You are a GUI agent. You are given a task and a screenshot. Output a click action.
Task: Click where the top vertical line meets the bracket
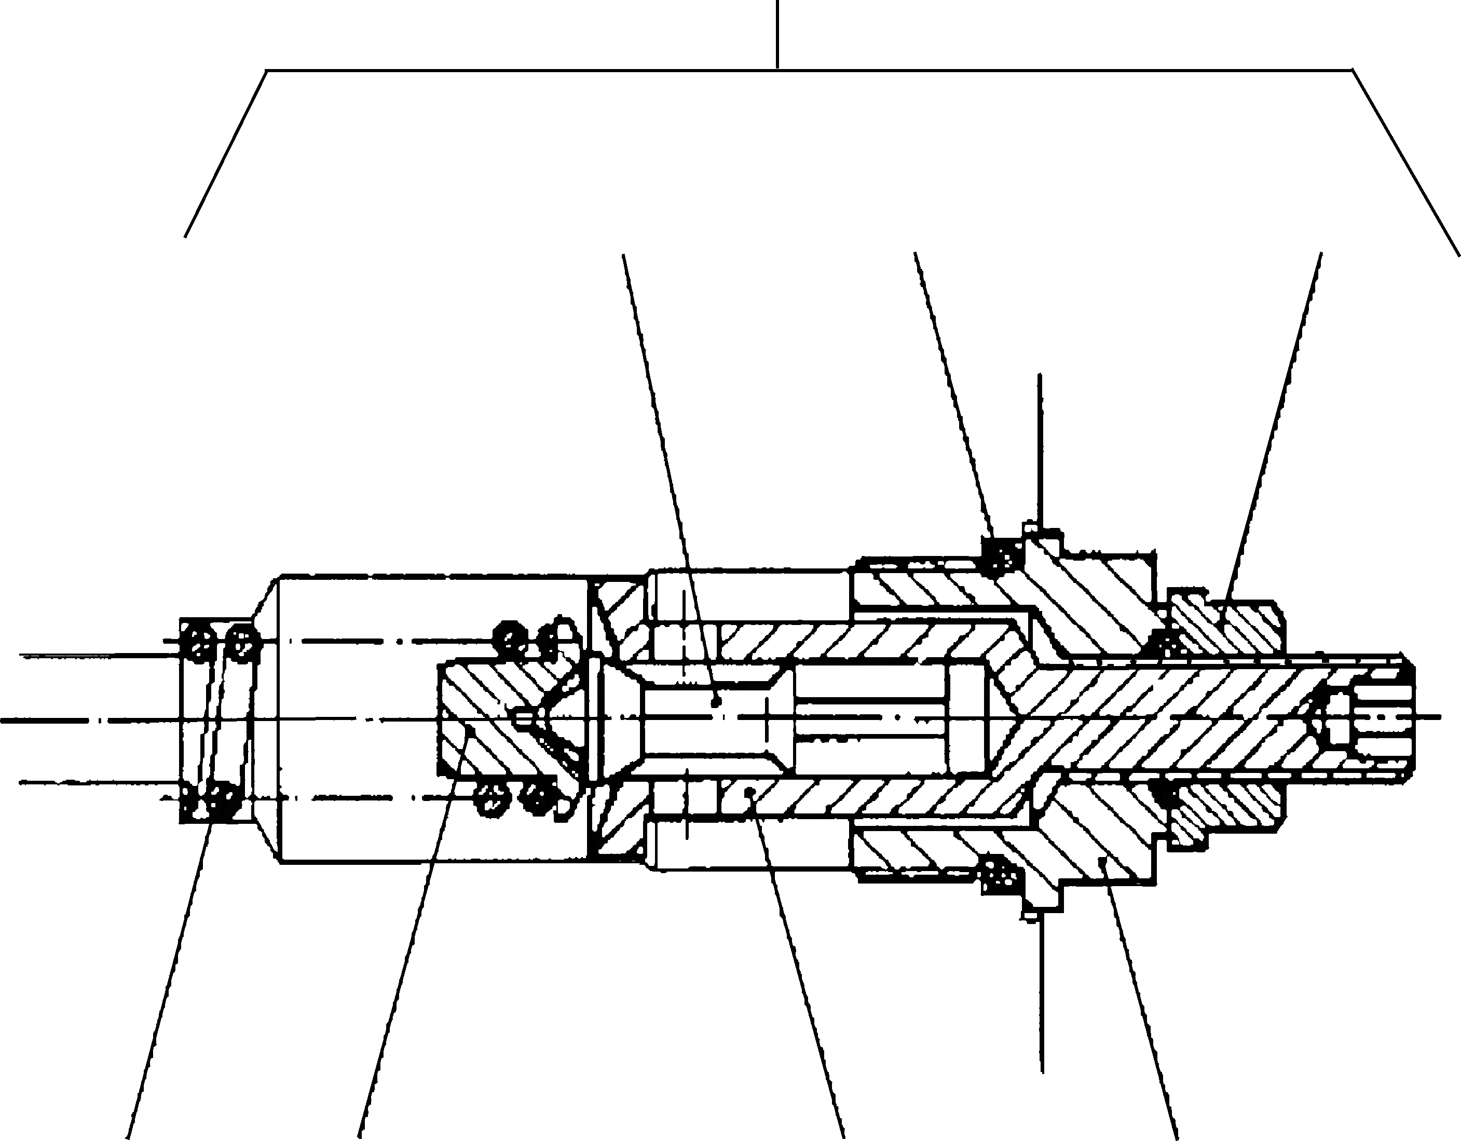(777, 69)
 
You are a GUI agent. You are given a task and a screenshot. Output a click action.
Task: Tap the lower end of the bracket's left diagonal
(185, 237)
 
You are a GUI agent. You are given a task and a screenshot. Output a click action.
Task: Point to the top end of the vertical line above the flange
(1040, 375)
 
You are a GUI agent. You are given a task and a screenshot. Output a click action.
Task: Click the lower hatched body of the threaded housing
(1097, 836)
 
